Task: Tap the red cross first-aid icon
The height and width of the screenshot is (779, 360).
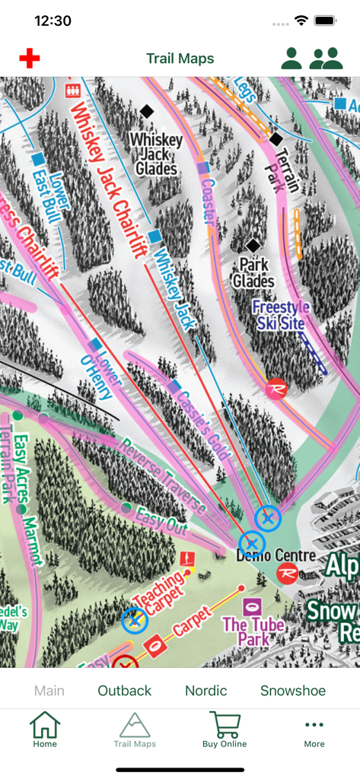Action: (x=30, y=59)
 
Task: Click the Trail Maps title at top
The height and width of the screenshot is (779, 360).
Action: (x=180, y=59)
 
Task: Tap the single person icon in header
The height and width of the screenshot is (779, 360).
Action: (x=292, y=59)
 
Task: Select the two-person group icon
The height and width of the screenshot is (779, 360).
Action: (x=327, y=59)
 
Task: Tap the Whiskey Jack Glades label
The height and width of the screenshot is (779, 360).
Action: (x=156, y=153)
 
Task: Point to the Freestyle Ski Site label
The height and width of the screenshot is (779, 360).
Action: (x=281, y=315)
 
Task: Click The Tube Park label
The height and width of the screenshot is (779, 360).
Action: (x=253, y=631)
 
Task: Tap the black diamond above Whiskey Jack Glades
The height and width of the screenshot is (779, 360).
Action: (x=147, y=111)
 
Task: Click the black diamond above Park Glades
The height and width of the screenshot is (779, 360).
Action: (x=253, y=246)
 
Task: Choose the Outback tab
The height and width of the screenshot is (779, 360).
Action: (x=125, y=691)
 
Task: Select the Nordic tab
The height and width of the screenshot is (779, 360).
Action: (x=206, y=691)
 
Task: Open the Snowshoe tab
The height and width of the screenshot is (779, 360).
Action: (x=293, y=691)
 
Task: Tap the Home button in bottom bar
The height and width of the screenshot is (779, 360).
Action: (x=45, y=730)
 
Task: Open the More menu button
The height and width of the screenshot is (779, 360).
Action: (x=314, y=730)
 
